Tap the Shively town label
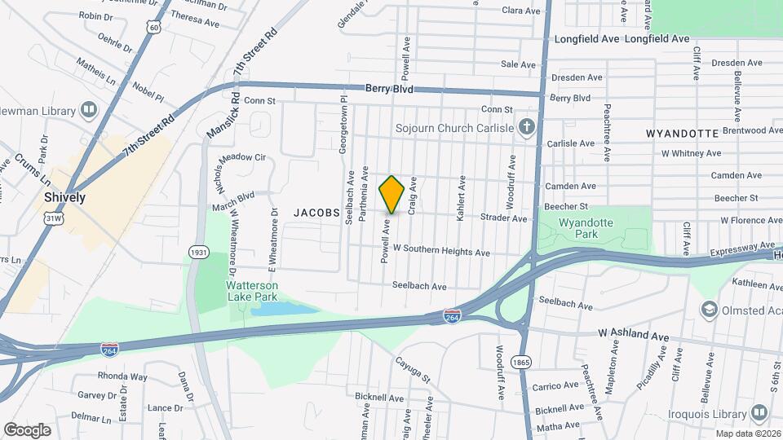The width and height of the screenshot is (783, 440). point(65,197)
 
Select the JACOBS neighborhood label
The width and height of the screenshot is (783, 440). point(317,212)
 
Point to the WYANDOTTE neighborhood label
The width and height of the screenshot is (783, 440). point(682,133)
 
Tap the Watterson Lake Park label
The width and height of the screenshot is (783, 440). point(252,292)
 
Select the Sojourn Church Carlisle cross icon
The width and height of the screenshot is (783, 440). point(528,127)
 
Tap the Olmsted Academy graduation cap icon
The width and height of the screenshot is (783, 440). point(709,310)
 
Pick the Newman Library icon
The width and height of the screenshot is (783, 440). point(88,111)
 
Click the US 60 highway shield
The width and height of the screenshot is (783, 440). point(153,28)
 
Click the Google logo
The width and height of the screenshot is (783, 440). point(27,429)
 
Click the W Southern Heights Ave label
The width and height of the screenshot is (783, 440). point(441,252)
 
